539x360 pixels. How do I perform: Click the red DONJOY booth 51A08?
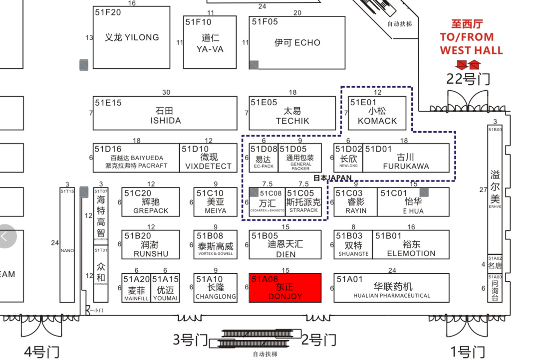(285, 288)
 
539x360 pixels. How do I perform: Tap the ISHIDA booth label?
(165, 121)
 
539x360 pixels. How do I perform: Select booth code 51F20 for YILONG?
(108, 12)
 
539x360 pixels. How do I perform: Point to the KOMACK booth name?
(377, 121)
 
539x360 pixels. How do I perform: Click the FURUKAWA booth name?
(406, 166)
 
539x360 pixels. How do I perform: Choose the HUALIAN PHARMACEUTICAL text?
(392, 296)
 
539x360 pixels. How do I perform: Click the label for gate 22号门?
(468, 79)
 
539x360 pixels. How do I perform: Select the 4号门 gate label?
(41, 352)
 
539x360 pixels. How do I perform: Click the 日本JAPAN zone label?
(332, 178)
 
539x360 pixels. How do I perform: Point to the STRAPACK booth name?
(303, 210)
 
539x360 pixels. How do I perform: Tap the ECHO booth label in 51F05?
(297, 43)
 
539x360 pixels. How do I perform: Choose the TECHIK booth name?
(292, 121)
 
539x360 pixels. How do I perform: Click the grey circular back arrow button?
(6, 236)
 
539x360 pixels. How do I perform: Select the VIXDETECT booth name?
(208, 166)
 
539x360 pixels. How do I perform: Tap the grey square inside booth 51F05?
(254, 65)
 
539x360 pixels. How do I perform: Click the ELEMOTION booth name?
(411, 253)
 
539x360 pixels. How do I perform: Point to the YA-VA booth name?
(210, 49)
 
